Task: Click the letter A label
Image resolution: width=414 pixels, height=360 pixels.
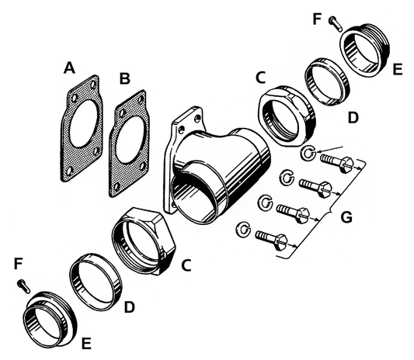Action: click(70, 70)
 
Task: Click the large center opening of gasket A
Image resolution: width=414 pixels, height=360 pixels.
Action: click(82, 127)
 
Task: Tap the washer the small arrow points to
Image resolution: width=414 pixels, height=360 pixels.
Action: click(308, 154)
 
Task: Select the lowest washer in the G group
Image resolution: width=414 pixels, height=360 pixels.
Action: click(244, 228)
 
